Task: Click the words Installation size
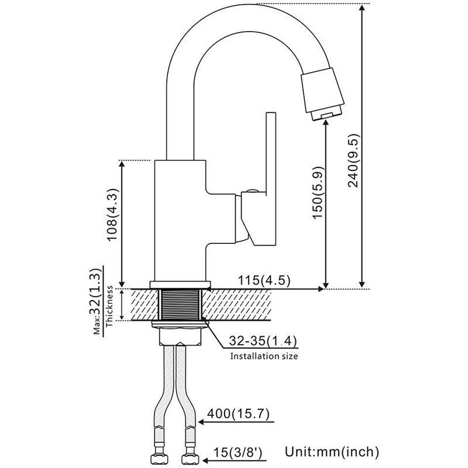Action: tap(264, 355)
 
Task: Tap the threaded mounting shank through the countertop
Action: tap(181, 304)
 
